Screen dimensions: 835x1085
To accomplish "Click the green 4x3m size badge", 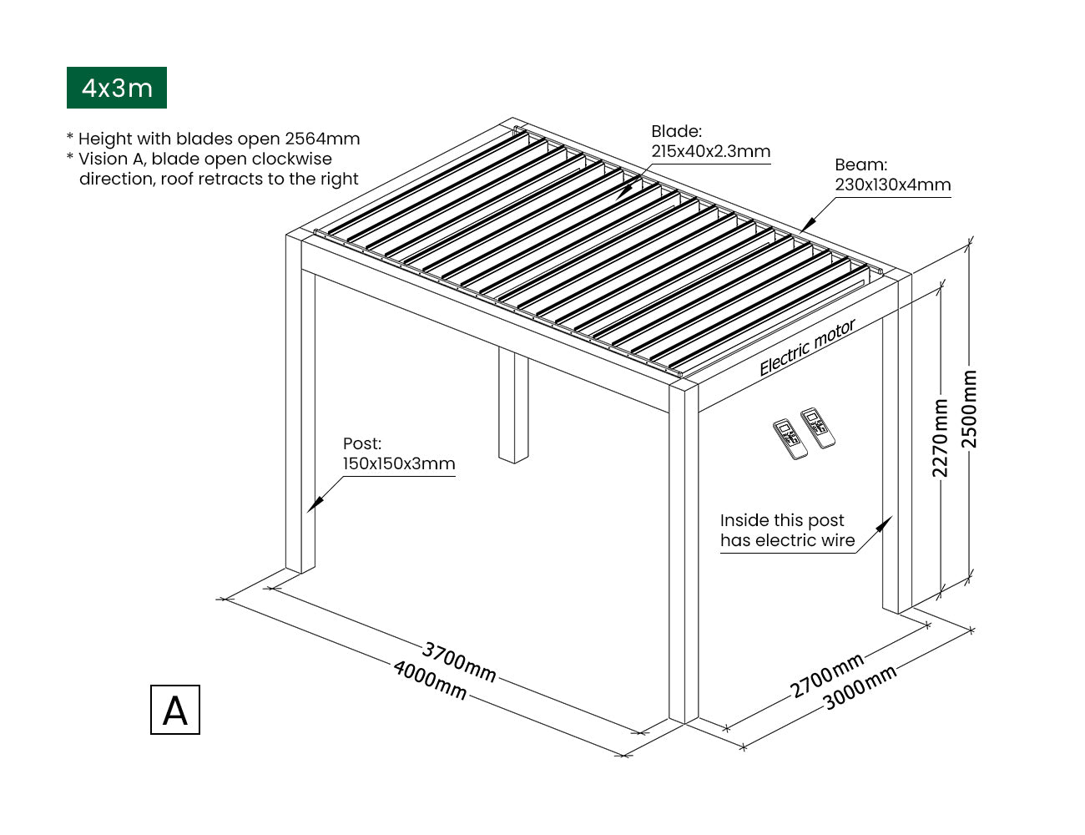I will pyautogui.click(x=117, y=88).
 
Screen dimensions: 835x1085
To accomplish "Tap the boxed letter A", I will pyautogui.click(x=175, y=710).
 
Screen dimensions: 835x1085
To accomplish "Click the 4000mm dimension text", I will pyautogui.click(x=430, y=680).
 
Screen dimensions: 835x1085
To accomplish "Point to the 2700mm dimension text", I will pyautogui.click(x=826, y=676).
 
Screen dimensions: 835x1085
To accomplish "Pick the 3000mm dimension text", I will pyautogui.click(x=860, y=686).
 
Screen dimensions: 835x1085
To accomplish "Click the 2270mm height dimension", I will pyautogui.click(x=940, y=438).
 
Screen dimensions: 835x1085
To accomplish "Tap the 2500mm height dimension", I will pyautogui.click(x=969, y=409).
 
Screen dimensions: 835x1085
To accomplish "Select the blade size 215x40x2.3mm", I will pyautogui.click(x=710, y=152).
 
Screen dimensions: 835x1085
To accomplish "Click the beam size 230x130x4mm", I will pyautogui.click(x=892, y=185).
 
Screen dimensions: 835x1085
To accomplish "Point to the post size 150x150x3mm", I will pyautogui.click(x=399, y=464).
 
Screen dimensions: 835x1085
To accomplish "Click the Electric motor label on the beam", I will pyautogui.click(x=807, y=347).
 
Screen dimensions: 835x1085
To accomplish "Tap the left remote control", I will pyautogui.click(x=789, y=439).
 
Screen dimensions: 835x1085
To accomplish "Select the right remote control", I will pyautogui.click(x=818, y=428).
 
